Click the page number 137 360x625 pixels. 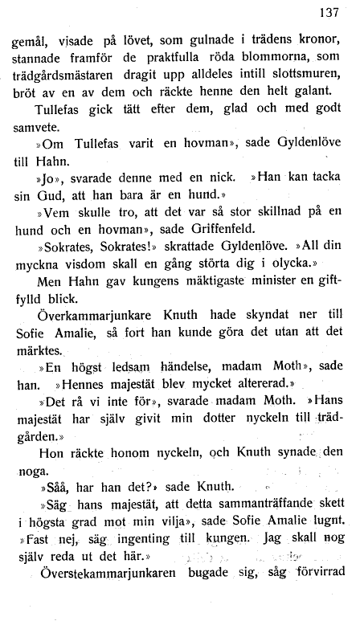point(329,12)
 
